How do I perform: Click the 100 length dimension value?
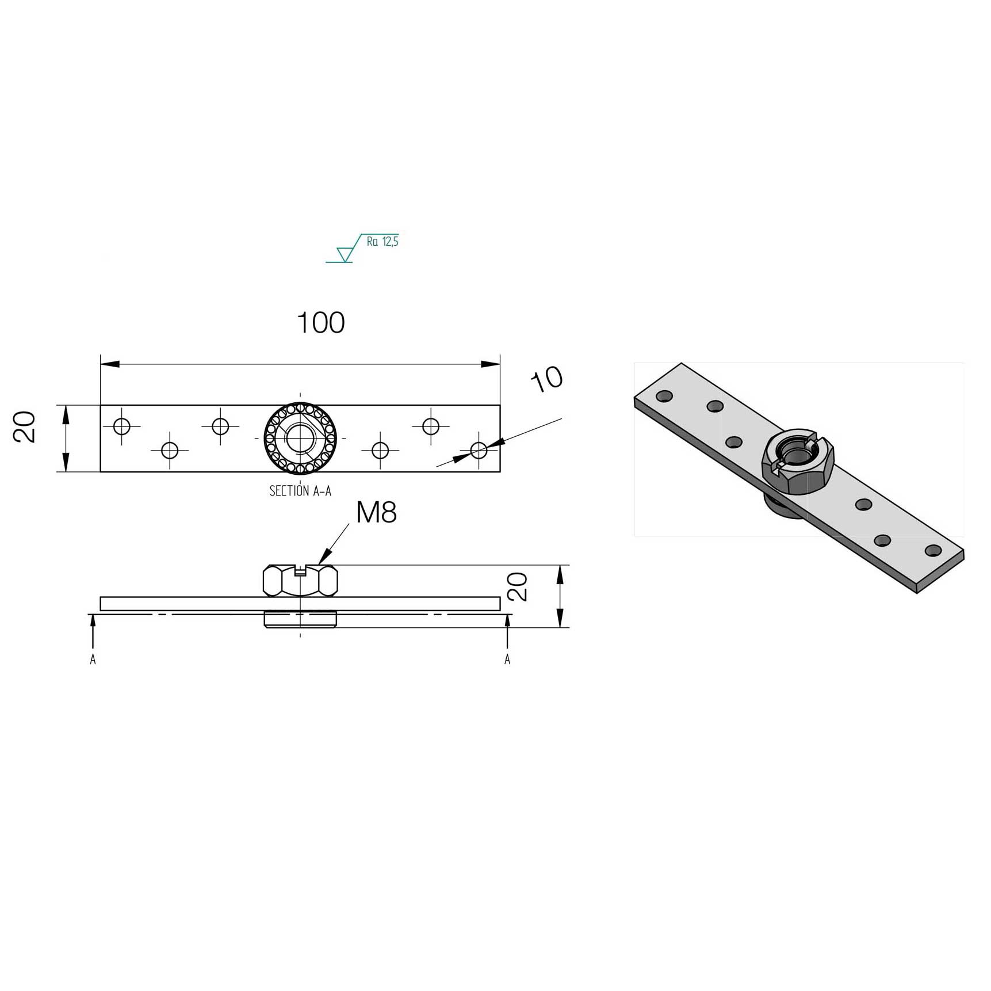click(321, 323)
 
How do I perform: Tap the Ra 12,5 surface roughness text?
click(382, 242)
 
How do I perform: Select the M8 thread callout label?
click(377, 512)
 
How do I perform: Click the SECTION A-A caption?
click(300, 491)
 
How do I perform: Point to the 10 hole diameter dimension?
click(547, 379)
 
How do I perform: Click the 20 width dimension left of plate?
click(25, 427)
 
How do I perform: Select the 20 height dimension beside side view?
click(518, 586)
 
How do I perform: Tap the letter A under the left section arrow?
click(93, 660)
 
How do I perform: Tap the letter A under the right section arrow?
click(507, 660)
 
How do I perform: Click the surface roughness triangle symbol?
click(345, 254)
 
